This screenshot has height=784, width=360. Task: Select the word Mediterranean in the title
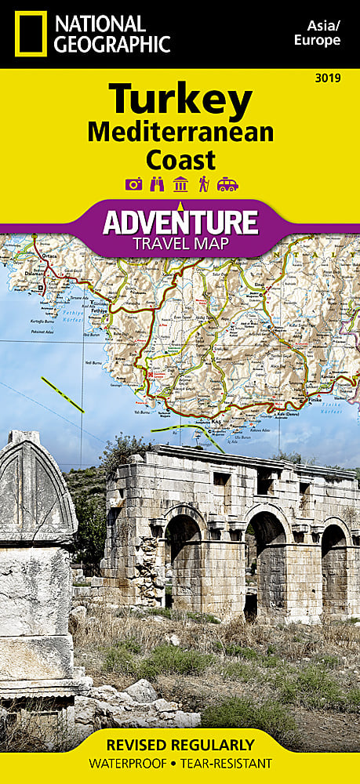180,132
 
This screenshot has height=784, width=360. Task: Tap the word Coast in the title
180,159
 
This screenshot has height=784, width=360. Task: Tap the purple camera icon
133,185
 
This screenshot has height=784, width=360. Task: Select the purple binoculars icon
156,185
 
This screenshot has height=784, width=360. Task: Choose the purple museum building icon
180,185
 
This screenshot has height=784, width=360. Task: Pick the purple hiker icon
203,185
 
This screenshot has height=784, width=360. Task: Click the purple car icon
227,185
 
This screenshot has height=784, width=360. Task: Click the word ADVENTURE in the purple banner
180,222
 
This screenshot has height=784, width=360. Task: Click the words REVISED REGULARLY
180,744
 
